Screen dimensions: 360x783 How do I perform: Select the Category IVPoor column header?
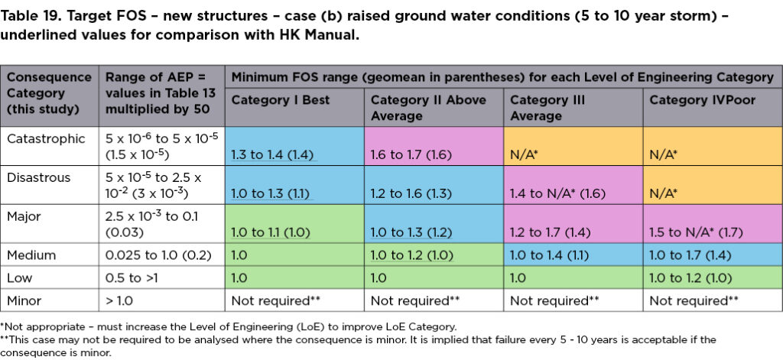click(x=690, y=100)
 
